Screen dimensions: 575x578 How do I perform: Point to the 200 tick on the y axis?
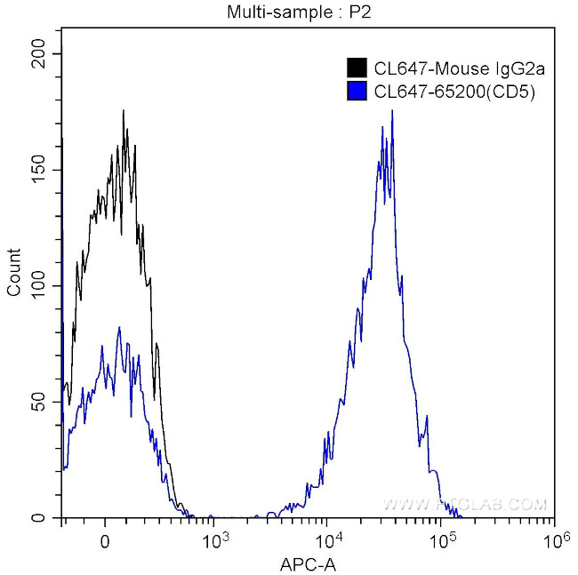point(40,54)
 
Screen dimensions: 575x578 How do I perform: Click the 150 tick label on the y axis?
point(40,170)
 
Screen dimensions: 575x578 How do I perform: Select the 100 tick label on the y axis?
point(40,286)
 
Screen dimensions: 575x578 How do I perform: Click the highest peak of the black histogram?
point(123,111)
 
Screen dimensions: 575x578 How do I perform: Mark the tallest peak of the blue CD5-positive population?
point(391,111)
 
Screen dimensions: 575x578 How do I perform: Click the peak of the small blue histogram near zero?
point(119,327)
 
